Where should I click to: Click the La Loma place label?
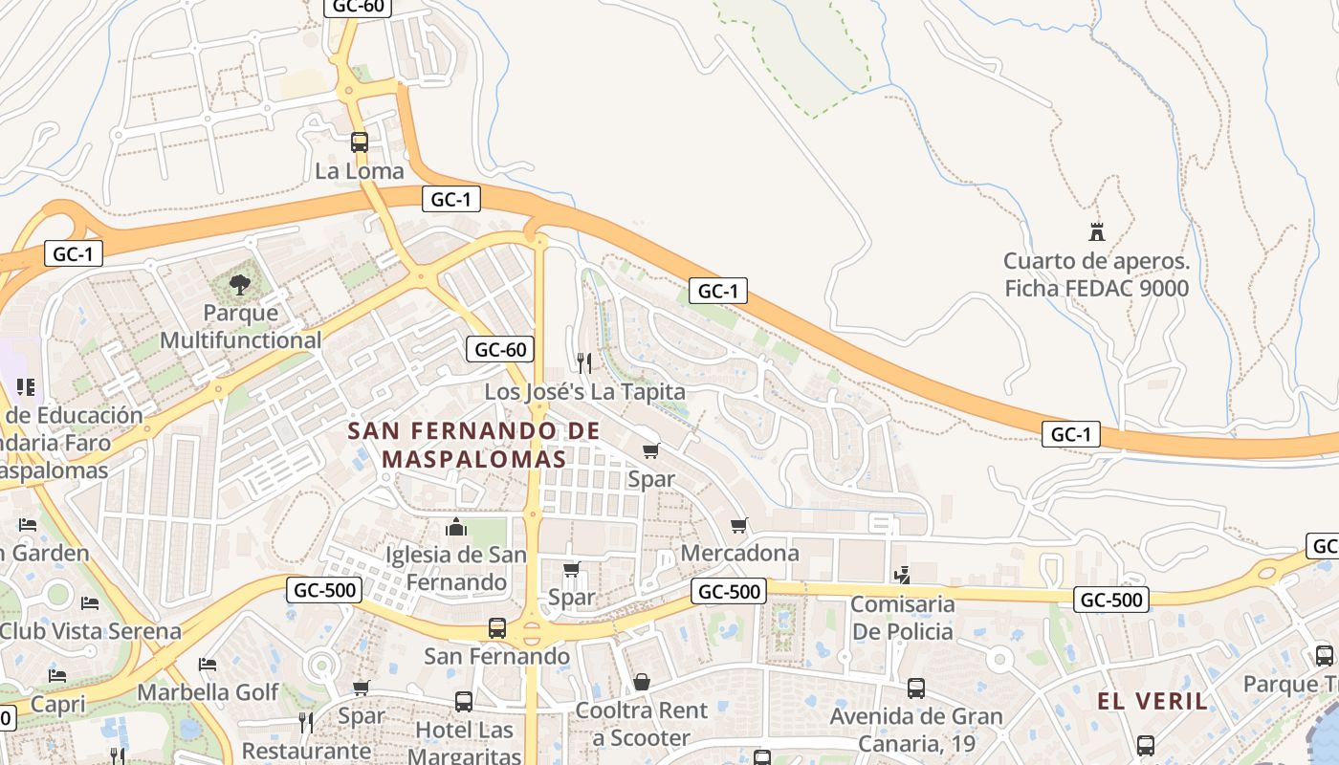point(360,172)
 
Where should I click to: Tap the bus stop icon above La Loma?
point(360,142)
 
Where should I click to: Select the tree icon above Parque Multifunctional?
point(239,283)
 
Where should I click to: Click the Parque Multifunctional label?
point(240,326)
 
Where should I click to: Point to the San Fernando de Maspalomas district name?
point(474,445)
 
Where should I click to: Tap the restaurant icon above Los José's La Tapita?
point(584,362)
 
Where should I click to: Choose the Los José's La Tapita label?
point(584,392)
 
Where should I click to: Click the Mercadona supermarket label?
point(739,553)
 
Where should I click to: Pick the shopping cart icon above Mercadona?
point(739,525)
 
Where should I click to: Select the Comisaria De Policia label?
point(903,618)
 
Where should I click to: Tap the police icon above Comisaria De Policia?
point(902,575)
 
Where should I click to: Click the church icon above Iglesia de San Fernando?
point(456,527)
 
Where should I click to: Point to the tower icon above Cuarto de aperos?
point(1096,231)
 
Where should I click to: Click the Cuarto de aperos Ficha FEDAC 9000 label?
point(1096,274)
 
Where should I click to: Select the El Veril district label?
point(1152,701)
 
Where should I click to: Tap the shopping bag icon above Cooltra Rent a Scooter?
point(642,682)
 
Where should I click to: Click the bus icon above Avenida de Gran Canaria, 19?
point(915,688)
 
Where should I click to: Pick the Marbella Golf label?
point(209,691)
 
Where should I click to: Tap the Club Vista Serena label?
point(90,631)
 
